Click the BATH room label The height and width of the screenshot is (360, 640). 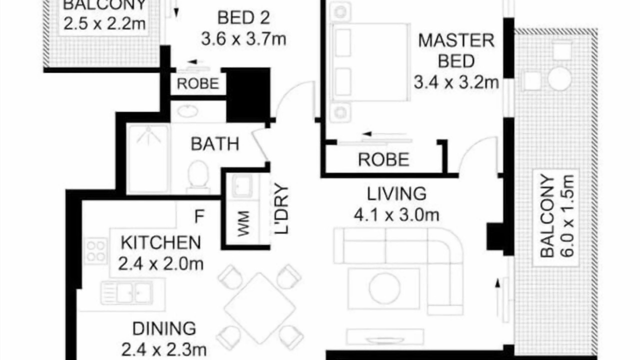(215, 143)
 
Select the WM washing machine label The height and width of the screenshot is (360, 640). (243, 223)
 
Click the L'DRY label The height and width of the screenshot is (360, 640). (281, 209)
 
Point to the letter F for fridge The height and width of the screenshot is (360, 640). (199, 216)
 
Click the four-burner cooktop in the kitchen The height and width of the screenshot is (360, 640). (95, 250)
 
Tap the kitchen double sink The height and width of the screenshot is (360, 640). (127, 292)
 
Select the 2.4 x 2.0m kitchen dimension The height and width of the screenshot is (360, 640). (161, 264)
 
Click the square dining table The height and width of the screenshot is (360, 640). (259, 308)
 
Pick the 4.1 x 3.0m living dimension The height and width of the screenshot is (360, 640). (396, 215)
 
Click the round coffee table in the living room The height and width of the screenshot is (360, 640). (384, 288)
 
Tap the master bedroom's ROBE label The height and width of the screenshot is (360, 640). (383, 159)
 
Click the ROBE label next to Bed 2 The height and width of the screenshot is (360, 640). (197, 83)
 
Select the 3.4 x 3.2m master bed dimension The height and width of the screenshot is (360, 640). (456, 82)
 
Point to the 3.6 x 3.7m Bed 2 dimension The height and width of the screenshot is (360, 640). (243, 39)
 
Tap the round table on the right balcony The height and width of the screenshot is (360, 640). (559, 78)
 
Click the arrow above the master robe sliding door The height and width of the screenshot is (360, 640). (384, 133)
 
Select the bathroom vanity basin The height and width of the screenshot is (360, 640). (187, 111)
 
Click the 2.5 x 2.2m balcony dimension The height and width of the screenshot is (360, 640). (104, 23)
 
